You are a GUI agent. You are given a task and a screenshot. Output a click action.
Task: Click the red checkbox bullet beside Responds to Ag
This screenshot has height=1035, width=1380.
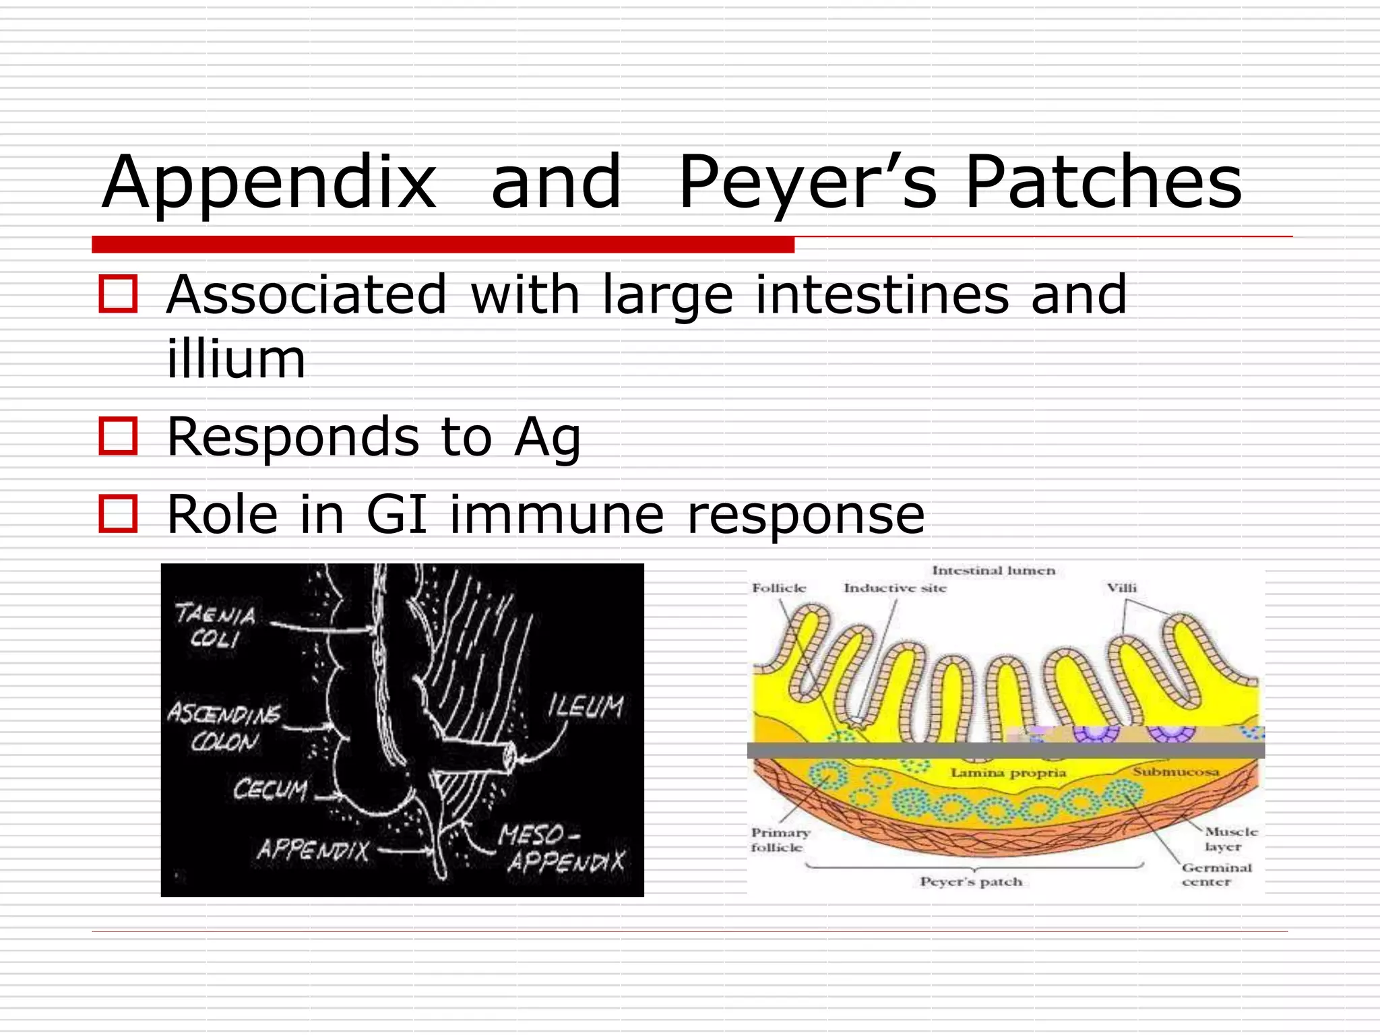(119, 436)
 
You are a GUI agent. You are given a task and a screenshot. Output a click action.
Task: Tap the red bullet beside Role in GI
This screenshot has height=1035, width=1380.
(119, 514)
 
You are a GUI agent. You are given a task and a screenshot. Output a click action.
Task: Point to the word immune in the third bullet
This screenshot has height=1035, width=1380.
(557, 515)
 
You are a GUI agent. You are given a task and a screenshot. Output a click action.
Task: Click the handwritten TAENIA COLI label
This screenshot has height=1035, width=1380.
(215, 626)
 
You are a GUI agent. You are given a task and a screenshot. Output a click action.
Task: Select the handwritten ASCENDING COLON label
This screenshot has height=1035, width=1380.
(224, 726)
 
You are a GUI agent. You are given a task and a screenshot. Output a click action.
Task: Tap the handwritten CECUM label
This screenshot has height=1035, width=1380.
(270, 789)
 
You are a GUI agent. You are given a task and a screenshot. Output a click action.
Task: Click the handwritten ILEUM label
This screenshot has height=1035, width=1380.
(586, 707)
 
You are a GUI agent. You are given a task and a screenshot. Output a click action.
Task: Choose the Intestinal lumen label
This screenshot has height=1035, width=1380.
(993, 571)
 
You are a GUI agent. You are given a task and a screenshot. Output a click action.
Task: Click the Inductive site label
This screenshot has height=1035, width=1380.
(895, 588)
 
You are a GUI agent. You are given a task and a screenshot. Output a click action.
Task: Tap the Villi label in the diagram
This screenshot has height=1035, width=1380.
(1121, 588)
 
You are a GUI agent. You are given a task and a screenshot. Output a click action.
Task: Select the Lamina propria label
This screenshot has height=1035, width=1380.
(1008, 773)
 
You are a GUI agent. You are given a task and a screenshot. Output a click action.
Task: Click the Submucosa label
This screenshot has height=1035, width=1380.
(1176, 772)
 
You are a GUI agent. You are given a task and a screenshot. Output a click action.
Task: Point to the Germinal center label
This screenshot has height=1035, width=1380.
(1215, 875)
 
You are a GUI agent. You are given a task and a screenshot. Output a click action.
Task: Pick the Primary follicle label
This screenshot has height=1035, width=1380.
(780, 840)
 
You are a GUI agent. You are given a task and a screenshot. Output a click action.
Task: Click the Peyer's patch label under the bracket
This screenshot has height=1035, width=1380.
(971, 882)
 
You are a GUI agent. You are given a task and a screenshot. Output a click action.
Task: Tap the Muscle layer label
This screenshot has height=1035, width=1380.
(1230, 839)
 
